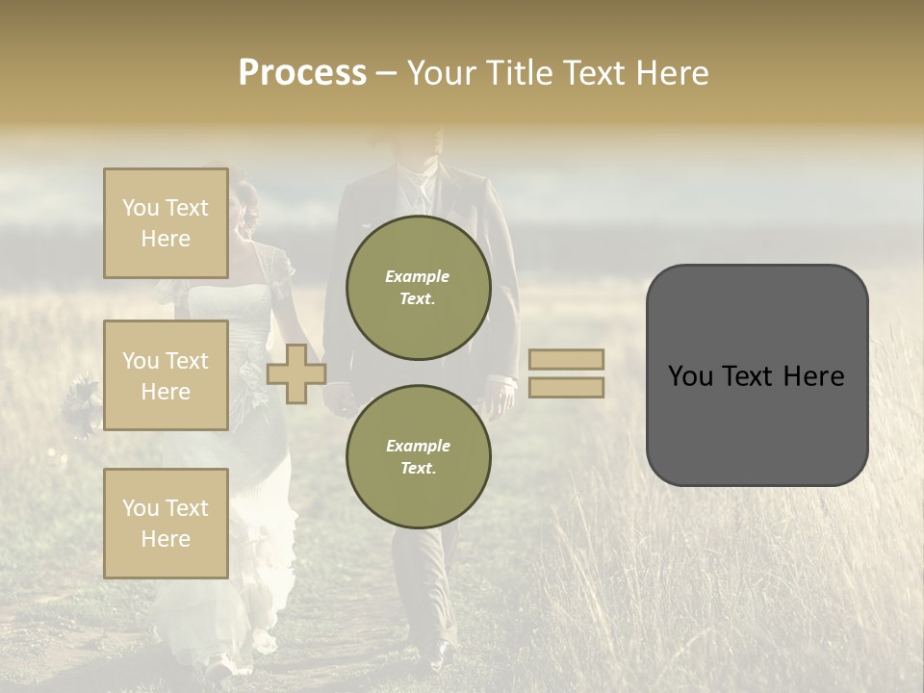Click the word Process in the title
(x=302, y=73)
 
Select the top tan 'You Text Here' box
(x=166, y=223)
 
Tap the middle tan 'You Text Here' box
(x=166, y=375)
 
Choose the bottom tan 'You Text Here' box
(x=166, y=523)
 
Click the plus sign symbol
(x=295, y=373)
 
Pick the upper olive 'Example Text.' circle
(x=418, y=288)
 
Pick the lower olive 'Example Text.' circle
(x=418, y=457)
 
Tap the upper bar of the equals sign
(x=566, y=359)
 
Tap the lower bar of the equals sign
(x=566, y=387)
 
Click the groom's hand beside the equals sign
(x=500, y=398)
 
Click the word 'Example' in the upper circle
(x=418, y=276)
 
